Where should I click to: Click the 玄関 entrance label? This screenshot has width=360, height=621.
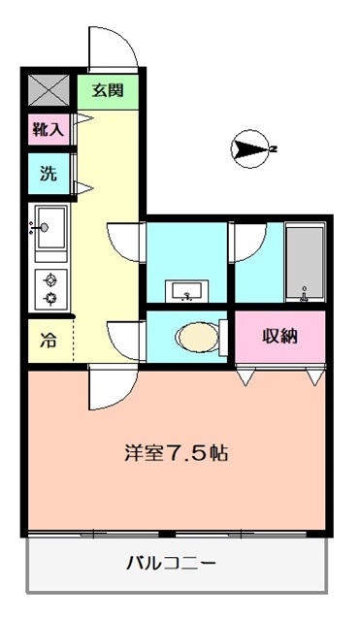(x=108, y=90)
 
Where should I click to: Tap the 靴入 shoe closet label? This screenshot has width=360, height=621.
(x=49, y=129)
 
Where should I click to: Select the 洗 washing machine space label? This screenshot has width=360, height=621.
(x=49, y=174)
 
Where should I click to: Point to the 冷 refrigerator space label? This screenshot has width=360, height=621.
(x=49, y=341)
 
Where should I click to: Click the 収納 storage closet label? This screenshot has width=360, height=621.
(x=280, y=336)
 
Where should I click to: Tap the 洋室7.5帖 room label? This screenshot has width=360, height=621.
(x=176, y=453)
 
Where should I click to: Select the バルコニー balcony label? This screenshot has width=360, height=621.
(x=171, y=563)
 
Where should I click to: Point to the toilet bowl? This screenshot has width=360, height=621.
(x=198, y=337)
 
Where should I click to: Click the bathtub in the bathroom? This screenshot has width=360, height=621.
(x=305, y=263)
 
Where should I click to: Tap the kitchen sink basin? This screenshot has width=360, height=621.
(x=50, y=228)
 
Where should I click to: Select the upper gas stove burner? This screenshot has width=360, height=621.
(x=50, y=280)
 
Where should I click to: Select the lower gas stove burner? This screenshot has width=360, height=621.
(x=50, y=298)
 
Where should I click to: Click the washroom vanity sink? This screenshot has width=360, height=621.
(x=186, y=291)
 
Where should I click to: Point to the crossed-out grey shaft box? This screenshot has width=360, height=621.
(x=49, y=90)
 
